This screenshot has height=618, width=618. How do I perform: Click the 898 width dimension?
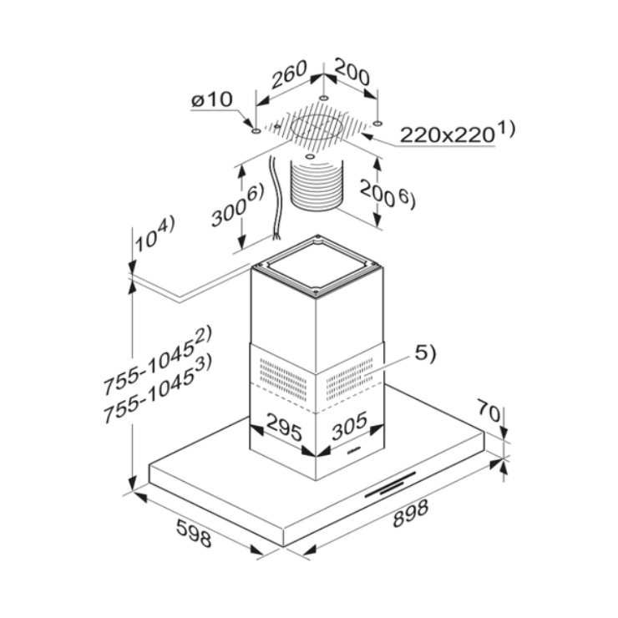click(410, 514)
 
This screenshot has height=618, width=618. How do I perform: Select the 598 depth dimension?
click(194, 533)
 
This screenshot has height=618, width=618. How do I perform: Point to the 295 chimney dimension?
click(284, 427)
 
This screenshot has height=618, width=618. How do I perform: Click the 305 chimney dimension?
click(349, 426)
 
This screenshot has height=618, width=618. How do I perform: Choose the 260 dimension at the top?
click(289, 73)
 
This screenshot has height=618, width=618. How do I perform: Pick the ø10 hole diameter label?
click(211, 100)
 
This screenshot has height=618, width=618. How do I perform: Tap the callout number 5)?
click(425, 353)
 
